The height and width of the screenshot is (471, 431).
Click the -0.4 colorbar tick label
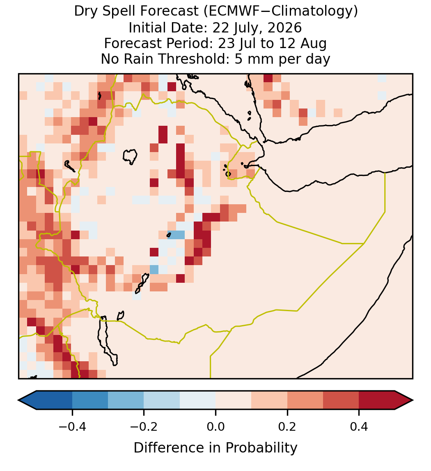tap(72, 426)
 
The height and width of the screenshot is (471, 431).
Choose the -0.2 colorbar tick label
tap(144, 426)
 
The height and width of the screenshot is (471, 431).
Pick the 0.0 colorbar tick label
tap(215, 426)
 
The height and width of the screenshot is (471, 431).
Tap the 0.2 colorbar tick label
tap(287, 426)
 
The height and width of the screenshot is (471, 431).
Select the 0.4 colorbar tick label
tap(359, 426)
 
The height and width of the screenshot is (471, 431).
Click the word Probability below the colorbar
tap(261, 448)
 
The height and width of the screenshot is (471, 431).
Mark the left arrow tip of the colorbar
tap(18, 400)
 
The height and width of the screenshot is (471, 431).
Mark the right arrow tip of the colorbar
tap(413, 400)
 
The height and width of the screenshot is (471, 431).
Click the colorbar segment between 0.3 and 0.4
tap(341, 400)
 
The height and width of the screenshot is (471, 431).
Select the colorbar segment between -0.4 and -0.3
tap(90, 400)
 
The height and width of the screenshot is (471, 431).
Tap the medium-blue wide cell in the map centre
tap(176, 235)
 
